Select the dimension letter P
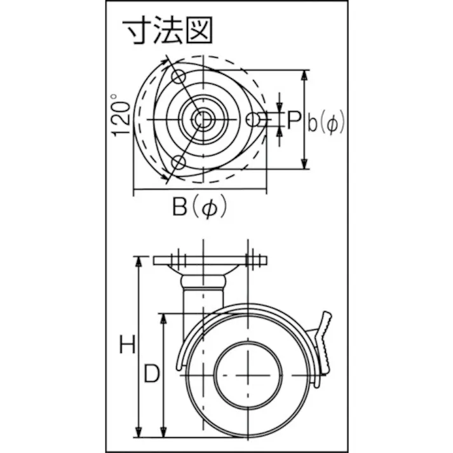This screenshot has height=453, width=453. pos(294,119)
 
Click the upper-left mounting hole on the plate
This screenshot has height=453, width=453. pos(177,78)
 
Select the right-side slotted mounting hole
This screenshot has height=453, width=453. pos(252,119)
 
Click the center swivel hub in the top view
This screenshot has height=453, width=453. pos(202,119)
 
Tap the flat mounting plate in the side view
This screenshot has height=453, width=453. pos(210,260)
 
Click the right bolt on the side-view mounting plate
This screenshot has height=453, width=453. pos(254,259)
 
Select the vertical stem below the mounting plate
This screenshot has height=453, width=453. pos(203,299)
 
